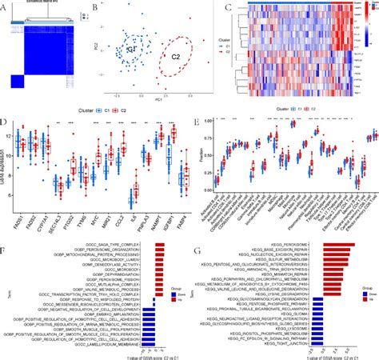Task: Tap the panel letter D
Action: click(6, 122)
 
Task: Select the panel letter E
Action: click(197, 122)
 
